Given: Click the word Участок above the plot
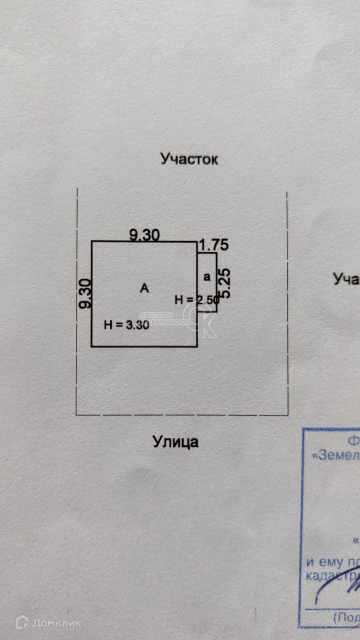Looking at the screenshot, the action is (x=189, y=159).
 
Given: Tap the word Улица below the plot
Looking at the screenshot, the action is (x=175, y=442).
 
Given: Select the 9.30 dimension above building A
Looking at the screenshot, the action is (x=144, y=235).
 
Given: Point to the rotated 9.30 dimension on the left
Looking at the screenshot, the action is (x=85, y=293).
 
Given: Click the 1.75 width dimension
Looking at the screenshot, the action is (x=214, y=245).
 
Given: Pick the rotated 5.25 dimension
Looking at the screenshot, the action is (x=225, y=283).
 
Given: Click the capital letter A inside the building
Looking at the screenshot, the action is (x=144, y=288).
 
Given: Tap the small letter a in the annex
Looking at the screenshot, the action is (x=207, y=277).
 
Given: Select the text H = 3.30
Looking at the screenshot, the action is (x=126, y=325).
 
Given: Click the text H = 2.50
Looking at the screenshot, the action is (x=197, y=300).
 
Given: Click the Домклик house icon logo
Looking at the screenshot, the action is (x=22, y=622).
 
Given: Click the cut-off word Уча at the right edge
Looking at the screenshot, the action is (x=346, y=279).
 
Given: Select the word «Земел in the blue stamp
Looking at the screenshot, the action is (x=336, y=455).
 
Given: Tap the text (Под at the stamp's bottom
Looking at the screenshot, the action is (x=346, y=617).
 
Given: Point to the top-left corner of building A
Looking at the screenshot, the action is (x=92, y=241).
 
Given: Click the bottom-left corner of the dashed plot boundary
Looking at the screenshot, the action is (x=76, y=415).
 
